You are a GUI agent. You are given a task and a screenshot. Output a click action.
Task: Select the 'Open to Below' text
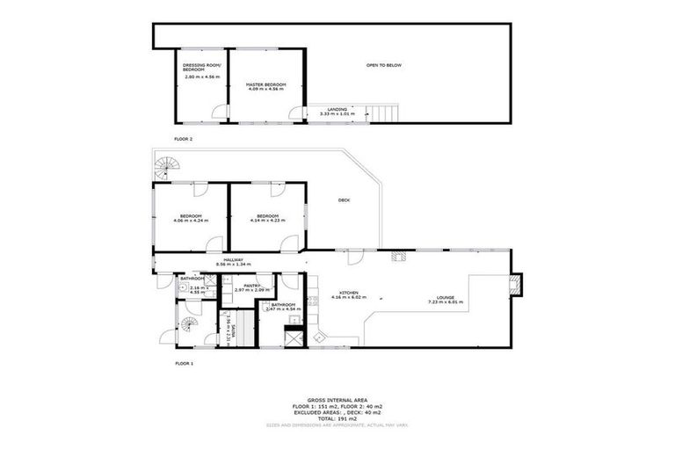coord(384,66)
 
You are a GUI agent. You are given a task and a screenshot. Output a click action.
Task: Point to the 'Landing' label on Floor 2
coord(337,109)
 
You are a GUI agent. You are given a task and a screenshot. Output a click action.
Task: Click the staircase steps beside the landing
coord(385,112)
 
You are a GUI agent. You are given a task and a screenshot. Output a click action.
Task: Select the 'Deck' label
coord(344,200)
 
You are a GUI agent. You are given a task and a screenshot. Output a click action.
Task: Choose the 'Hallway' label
coord(233,259)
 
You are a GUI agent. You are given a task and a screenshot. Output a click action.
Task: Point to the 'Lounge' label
coord(445,298)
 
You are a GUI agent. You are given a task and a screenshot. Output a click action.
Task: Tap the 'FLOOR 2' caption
coord(183,139)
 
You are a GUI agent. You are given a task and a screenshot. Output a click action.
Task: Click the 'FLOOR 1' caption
coord(183,362)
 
